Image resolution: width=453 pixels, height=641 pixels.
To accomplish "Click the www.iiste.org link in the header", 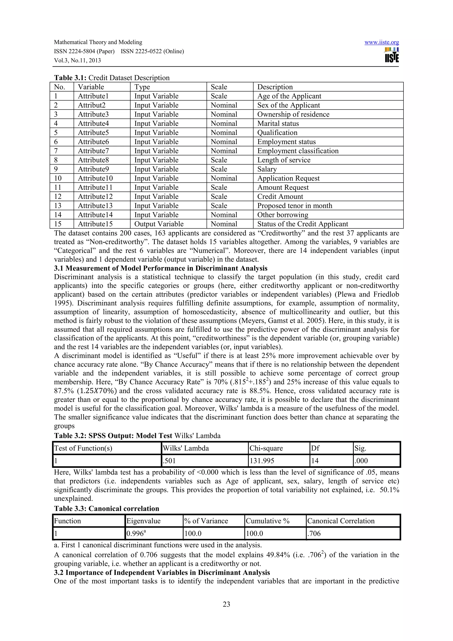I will (x=381, y=42).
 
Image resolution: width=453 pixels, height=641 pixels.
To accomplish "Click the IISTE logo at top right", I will (x=392, y=55).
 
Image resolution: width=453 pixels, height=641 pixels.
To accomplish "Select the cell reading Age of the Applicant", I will (x=289, y=96).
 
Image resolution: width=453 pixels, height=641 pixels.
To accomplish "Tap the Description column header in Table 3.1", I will (x=275, y=87).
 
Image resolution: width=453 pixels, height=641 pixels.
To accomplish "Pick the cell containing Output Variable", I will (x=159, y=224).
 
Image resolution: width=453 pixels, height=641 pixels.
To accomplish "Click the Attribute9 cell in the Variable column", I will (x=93, y=169).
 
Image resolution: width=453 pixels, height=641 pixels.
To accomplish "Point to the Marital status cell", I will (x=278, y=123).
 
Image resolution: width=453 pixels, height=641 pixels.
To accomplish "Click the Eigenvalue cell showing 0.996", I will (x=136, y=534).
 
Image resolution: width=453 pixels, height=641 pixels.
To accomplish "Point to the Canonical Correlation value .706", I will (x=314, y=534).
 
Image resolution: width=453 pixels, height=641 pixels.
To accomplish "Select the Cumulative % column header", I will (x=267, y=521).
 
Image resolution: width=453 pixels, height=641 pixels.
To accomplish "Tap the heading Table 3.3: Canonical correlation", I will (x=106, y=508).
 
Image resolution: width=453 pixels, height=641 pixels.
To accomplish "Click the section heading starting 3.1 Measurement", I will (x=161, y=268).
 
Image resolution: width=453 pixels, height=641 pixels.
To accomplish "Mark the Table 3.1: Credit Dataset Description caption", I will (x=112, y=78).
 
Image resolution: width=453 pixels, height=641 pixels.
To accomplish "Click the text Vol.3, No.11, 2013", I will (x=77, y=60).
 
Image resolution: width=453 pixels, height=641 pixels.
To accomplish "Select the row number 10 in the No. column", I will (x=58, y=178).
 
